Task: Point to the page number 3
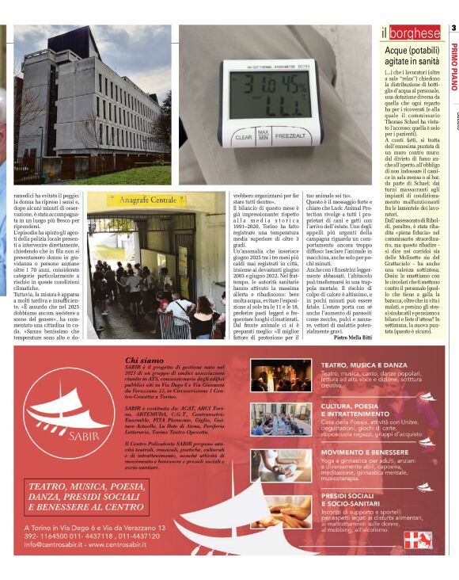click(453, 29)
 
